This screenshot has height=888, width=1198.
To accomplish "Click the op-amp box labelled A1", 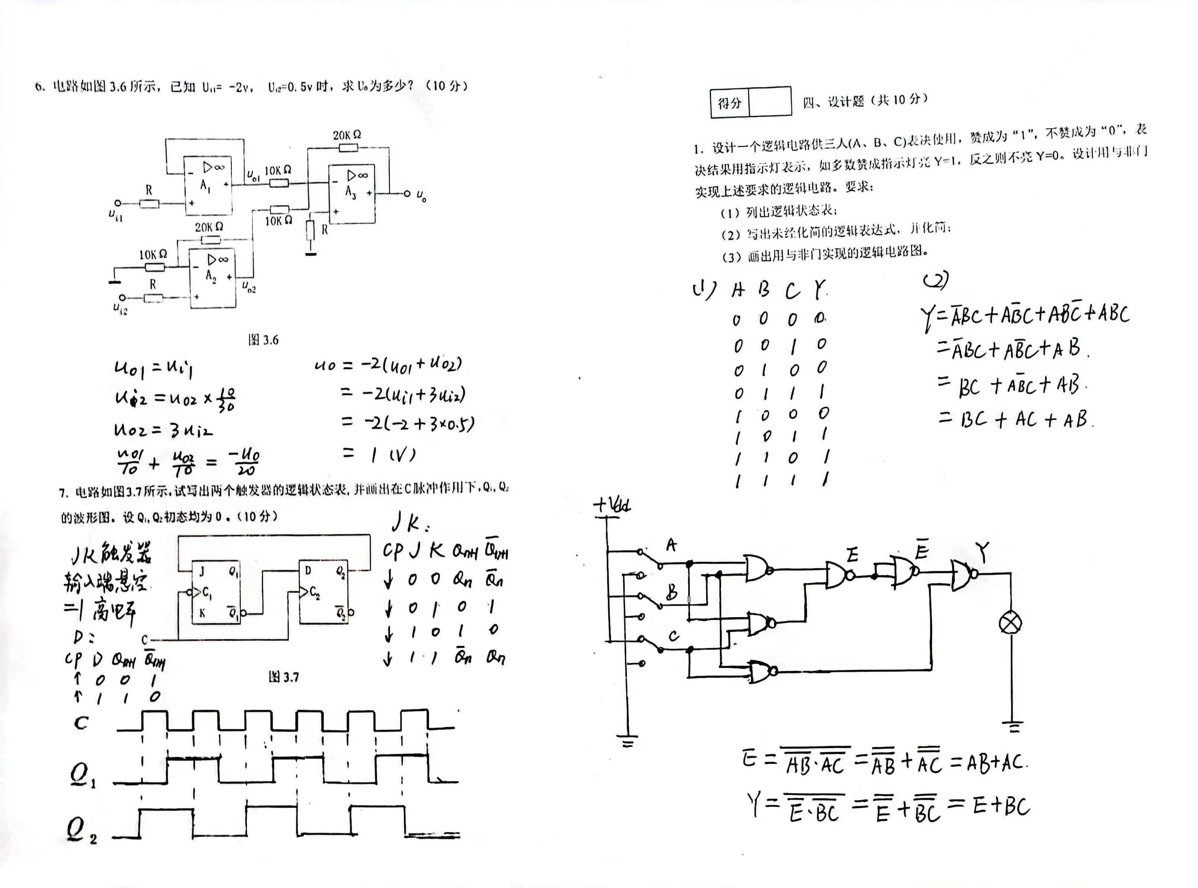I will [208, 186].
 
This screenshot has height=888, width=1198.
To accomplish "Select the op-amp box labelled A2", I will [212, 278].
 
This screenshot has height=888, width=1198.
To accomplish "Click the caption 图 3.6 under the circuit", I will [263, 340].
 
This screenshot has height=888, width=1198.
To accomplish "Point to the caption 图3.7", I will [284, 677].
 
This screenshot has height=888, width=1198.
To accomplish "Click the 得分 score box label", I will [729, 103].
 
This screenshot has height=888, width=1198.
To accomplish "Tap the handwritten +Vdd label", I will [612, 505].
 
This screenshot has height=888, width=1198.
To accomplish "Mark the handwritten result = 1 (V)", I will [379, 455].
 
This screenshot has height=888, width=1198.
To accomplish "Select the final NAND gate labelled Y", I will [962, 575].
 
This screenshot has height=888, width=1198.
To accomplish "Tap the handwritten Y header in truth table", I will [819, 290].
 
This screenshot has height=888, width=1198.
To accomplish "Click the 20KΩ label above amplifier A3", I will [346, 135].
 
